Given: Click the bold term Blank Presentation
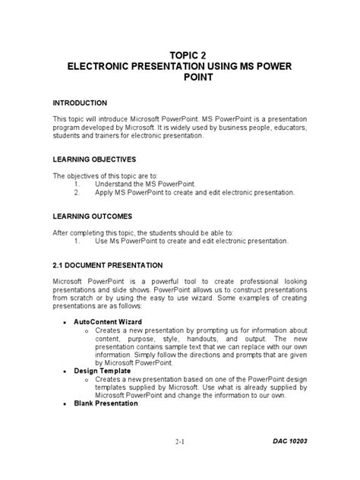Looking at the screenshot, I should pos(106,403).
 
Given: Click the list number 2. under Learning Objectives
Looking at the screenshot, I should pos(77,193).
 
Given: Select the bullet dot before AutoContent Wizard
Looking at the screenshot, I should pos(64,323).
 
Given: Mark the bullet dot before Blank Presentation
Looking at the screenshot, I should pos(64,404).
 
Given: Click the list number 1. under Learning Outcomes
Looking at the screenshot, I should pos(77,240).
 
